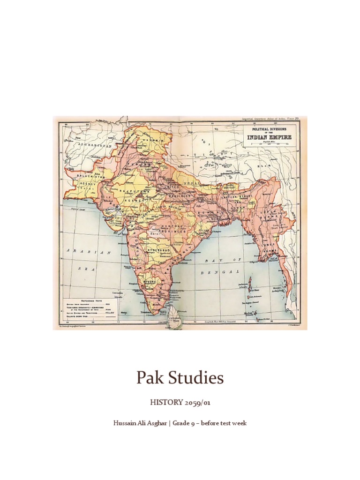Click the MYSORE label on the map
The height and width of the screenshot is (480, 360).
pos(150,281)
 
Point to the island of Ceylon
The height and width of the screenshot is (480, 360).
pos(174,318)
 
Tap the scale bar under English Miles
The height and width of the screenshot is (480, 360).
pos(272,143)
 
